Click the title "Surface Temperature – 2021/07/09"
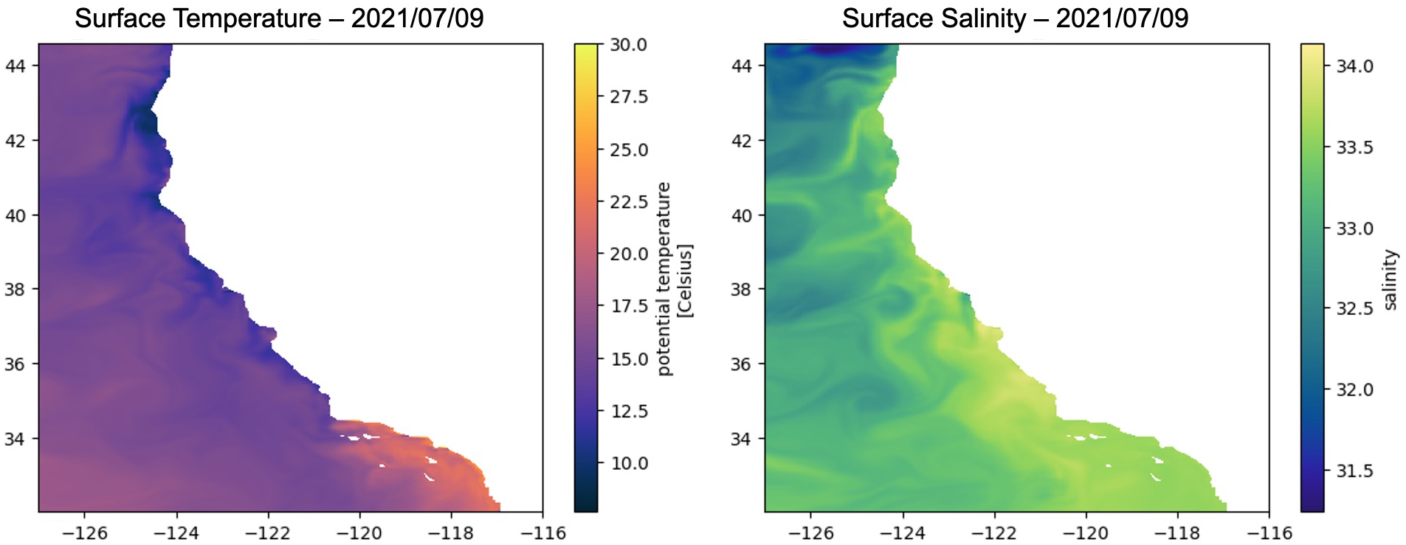[x=279, y=18]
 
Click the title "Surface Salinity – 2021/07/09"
[x=1015, y=18]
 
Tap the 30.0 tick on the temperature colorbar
[x=628, y=45]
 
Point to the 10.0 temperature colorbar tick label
[x=628, y=463]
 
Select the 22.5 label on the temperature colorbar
[x=628, y=202]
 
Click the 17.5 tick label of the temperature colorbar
[x=628, y=306]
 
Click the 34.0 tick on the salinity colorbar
[x=1354, y=66]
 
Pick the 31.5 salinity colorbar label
[x=1354, y=471]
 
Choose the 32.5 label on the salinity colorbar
[x=1354, y=308]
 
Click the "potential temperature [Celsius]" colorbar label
[x=674, y=279]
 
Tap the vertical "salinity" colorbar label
[x=1390, y=280]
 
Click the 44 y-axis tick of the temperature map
[x=15, y=66]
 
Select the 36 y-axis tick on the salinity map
[x=741, y=364]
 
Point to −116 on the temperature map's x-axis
[x=542, y=533]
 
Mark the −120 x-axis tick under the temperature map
[x=359, y=533]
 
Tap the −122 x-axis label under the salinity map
[x=994, y=533]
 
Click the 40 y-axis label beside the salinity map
[x=741, y=216]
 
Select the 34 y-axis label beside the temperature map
[x=15, y=440]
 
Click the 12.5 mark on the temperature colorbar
[x=628, y=411]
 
